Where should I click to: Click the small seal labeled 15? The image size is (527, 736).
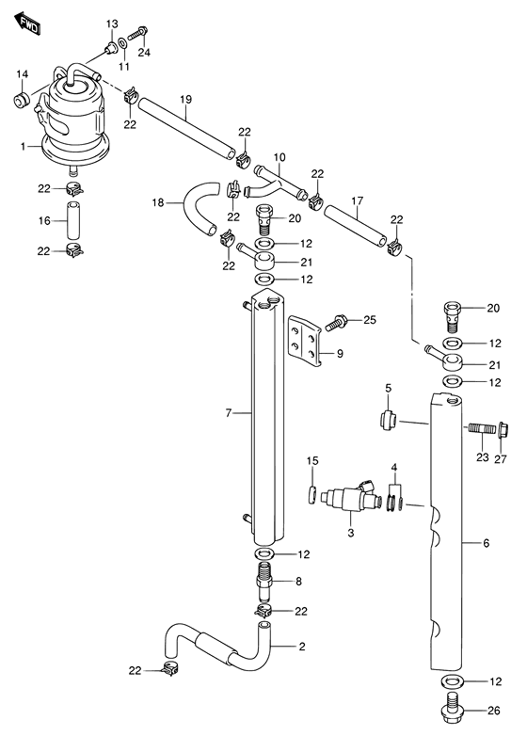310,494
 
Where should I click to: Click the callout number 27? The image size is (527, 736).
500,458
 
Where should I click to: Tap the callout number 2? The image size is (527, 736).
302,646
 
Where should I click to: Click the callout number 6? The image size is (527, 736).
486,543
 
